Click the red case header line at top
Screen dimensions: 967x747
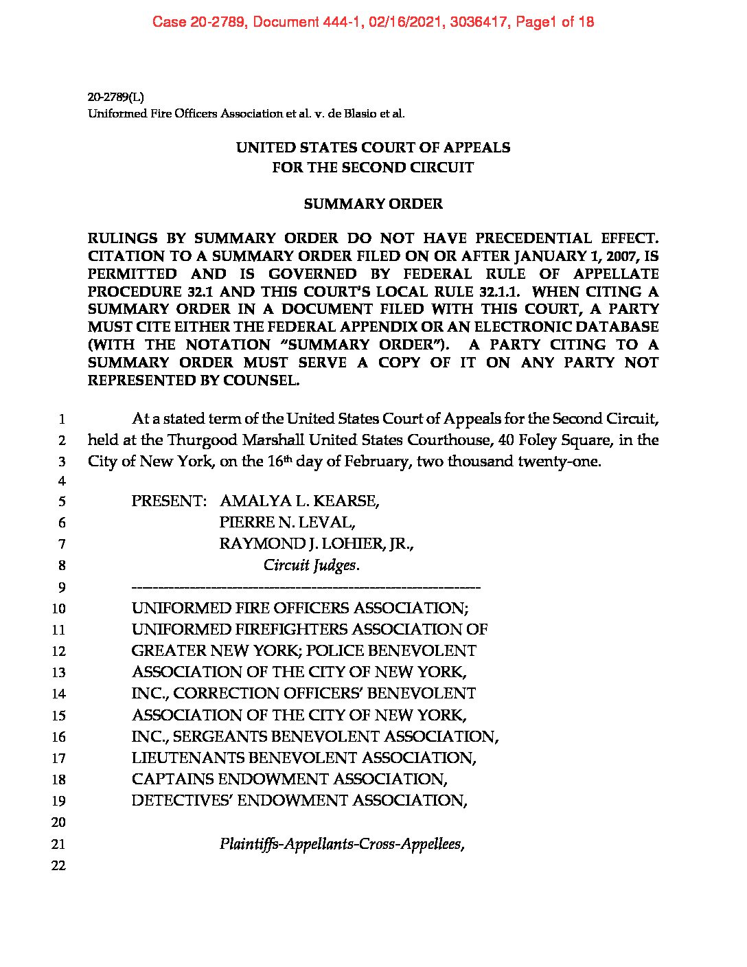[373, 22]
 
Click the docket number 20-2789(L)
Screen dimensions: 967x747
[115, 97]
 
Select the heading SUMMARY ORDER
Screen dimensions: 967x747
[373, 204]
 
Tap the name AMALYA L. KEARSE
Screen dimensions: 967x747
[299, 501]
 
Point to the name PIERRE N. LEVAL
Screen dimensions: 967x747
[287, 523]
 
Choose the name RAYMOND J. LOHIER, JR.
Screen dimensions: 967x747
[317, 544]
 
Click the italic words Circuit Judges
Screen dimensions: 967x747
[312, 565]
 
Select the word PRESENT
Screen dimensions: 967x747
[168, 501]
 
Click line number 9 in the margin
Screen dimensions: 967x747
[61, 587]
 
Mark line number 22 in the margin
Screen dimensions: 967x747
[59, 865]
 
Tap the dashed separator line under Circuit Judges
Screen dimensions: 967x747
[306, 587]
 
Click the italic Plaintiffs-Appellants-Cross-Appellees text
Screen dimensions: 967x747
[342, 844]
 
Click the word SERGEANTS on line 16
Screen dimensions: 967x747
[219, 737]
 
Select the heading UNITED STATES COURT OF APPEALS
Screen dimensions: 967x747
[373, 148]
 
